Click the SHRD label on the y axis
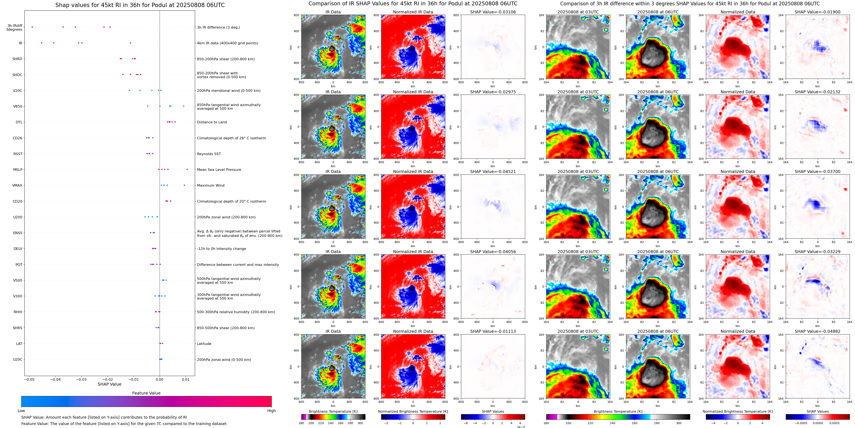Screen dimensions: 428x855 [17, 59]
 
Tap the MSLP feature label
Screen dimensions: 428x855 [18, 170]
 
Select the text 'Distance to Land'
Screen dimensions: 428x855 [212, 122]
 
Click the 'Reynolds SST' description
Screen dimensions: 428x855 [209, 154]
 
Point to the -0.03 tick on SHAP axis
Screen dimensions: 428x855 [81, 379]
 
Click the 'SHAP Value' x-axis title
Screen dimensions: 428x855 [109, 384]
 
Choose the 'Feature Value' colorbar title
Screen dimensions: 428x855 [146, 393]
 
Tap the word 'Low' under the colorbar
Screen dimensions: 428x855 [21, 411]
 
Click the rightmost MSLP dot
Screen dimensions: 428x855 [187, 169]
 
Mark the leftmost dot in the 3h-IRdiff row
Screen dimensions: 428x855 [32, 27]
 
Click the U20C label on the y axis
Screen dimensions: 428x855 [18, 359]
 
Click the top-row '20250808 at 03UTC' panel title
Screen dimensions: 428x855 [578, 12]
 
